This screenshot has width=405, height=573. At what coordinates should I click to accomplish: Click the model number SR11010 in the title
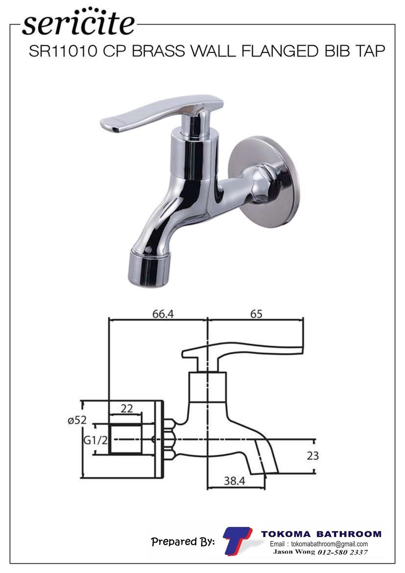click(63, 51)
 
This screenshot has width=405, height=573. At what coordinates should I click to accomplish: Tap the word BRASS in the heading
click(158, 51)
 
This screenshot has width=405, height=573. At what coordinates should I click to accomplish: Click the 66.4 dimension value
click(163, 314)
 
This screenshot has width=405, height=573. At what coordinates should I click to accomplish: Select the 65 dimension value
click(256, 314)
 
